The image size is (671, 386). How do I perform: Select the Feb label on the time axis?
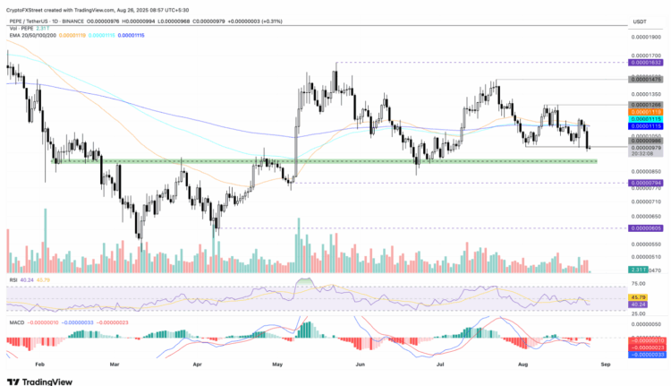39,365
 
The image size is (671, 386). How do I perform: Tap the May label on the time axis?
277,365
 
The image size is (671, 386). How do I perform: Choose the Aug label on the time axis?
523,365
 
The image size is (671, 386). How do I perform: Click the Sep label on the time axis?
606,365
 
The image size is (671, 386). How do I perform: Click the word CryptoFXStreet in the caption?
27,6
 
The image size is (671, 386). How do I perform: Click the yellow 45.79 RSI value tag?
639,296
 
